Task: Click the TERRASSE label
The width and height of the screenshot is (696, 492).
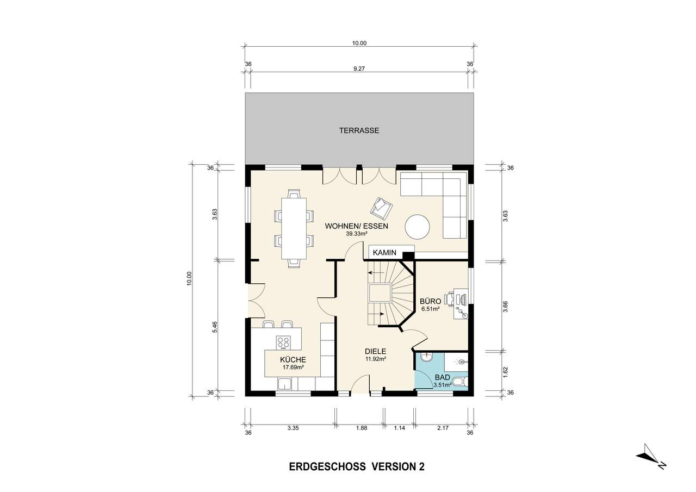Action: tap(359, 130)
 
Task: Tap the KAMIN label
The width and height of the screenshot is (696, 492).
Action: tap(383, 253)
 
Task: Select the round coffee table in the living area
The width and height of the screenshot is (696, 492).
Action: tap(418, 227)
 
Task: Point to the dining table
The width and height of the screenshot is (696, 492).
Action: tap(294, 228)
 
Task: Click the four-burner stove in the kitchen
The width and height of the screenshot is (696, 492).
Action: tap(283, 342)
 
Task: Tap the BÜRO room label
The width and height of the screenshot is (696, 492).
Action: tap(430, 301)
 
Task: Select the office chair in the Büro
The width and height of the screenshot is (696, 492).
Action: tap(451, 298)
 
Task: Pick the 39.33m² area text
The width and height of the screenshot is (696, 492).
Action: tap(356, 234)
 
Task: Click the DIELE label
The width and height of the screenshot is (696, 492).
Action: tap(376, 351)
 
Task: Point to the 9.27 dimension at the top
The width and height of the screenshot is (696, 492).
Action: tap(359, 69)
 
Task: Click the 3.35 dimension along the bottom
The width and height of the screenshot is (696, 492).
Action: tap(293, 428)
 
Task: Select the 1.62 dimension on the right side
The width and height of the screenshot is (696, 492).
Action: tap(505, 371)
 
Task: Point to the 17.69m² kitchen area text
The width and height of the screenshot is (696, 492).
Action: tap(293, 367)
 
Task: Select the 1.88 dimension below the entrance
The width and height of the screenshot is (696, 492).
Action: tap(361, 428)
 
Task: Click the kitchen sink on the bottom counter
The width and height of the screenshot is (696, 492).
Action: tap(285, 384)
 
